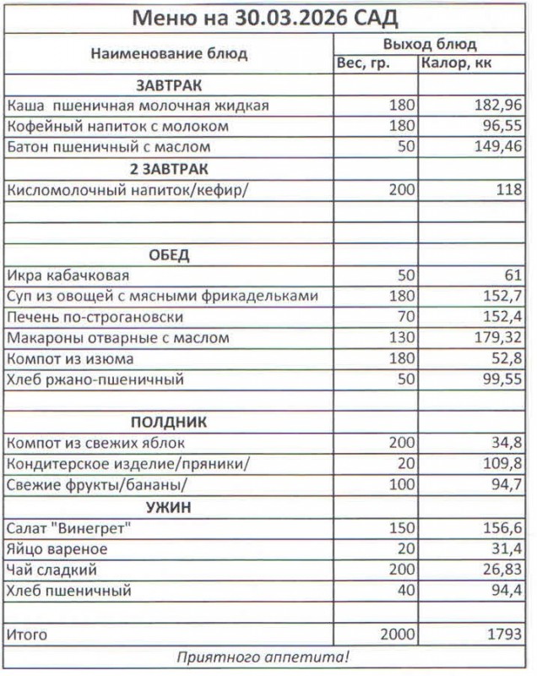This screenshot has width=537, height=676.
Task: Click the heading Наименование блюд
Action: pyautogui.click(x=169, y=54)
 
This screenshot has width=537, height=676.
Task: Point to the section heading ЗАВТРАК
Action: pyautogui.click(x=169, y=85)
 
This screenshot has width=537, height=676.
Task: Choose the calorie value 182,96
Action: pyautogui.click(x=498, y=106)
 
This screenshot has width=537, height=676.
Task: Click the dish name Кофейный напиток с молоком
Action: pyautogui.click(x=117, y=127)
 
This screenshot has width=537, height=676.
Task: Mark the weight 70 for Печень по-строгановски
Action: pyautogui.click(x=405, y=318)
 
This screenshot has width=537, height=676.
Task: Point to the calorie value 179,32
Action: pyautogui.click(x=498, y=339)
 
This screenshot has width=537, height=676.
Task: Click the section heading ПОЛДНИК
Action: pyautogui.click(x=169, y=422)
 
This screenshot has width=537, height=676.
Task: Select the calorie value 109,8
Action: pyautogui.click(x=502, y=464)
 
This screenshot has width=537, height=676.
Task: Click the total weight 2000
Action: pyautogui.click(x=398, y=634)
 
